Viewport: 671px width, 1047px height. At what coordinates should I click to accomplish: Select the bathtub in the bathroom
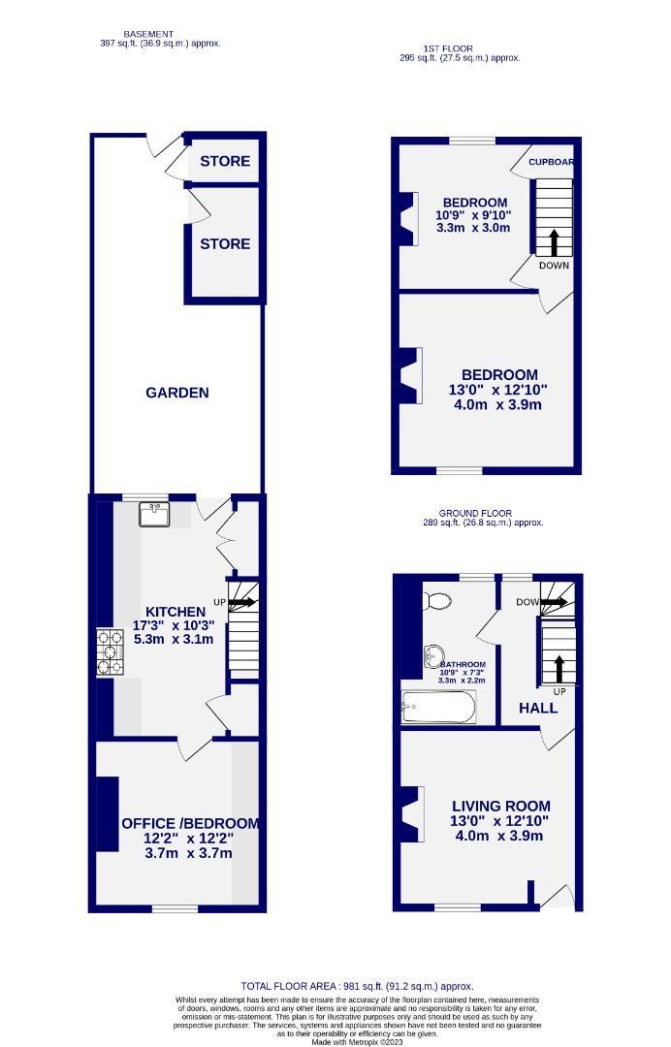coord(439,708)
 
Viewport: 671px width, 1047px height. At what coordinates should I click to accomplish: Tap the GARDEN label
coord(177,393)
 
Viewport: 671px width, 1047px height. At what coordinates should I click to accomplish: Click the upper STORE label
coord(225,161)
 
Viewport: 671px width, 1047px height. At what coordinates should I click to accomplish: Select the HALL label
coord(538,708)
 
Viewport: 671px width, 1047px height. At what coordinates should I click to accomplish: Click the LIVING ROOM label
coord(500,806)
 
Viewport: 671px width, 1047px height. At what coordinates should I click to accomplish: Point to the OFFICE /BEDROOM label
coord(190,823)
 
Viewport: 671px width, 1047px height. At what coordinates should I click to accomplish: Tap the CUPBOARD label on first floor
coord(551,162)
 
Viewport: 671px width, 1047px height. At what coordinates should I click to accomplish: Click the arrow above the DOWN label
coord(554,242)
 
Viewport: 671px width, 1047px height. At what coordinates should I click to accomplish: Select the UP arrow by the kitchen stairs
coord(241,602)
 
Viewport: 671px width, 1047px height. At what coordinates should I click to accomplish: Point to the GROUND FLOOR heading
coord(475,513)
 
